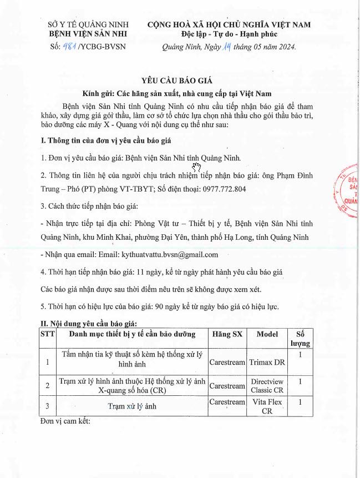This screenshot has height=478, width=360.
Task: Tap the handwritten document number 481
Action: pos(70,46)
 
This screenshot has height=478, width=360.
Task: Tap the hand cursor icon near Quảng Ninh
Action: pos(196,166)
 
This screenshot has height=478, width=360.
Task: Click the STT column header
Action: pos(48,334)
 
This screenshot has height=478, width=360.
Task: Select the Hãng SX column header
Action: pos(227,334)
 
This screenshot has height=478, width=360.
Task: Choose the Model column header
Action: pos(267,334)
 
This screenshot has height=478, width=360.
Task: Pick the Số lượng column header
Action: pos(301,339)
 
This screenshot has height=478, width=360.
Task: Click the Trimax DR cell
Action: pos(267,362)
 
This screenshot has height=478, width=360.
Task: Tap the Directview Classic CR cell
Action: pos(267,386)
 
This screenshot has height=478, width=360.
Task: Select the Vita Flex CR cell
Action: pos(267,406)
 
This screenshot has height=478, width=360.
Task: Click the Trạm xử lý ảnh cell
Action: pos(132,406)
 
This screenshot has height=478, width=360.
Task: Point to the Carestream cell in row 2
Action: pos(227,386)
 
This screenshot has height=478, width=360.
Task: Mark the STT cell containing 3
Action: pos(48,406)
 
